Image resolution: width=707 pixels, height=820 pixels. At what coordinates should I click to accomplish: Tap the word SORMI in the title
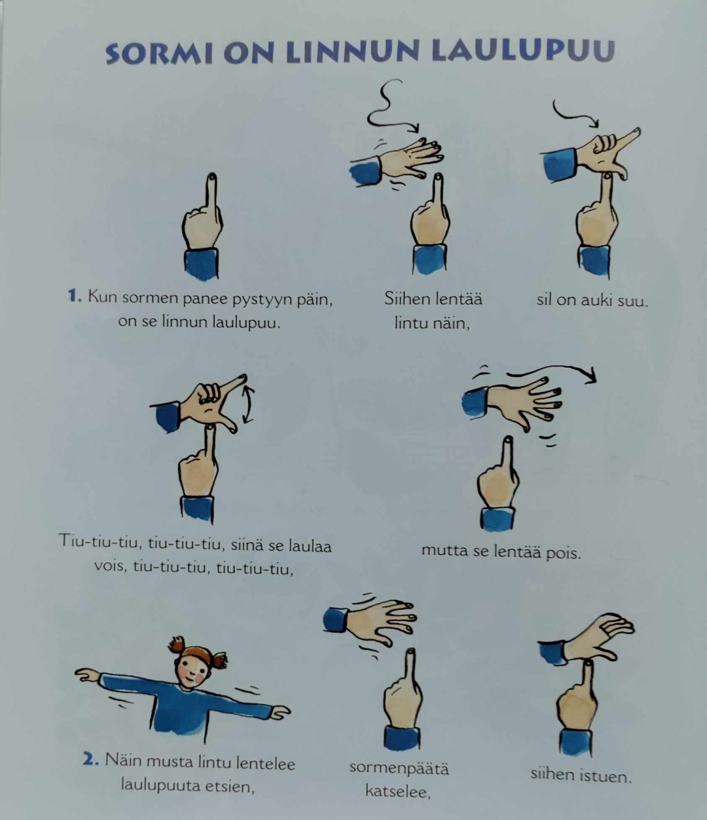pyautogui.click(x=158, y=53)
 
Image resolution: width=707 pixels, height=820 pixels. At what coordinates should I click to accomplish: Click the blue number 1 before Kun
pyautogui.click(x=74, y=296)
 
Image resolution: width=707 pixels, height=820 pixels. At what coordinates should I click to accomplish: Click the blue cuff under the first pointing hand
pyautogui.click(x=202, y=264)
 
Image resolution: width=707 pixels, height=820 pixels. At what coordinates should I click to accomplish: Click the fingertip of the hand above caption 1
pyautogui.click(x=211, y=176)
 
